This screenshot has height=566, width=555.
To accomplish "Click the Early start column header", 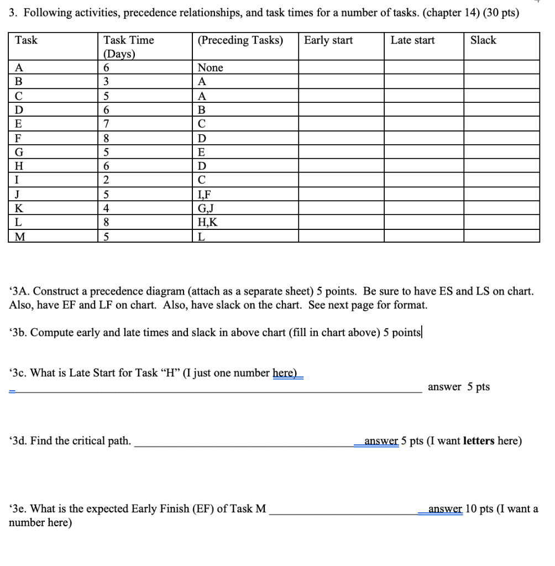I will coord(328,40).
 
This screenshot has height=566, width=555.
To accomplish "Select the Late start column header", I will coord(412,40).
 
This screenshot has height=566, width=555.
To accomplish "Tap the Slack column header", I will coord(483,40).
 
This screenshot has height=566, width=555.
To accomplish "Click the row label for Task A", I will coord(19,68).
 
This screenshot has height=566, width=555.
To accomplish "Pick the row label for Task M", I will coord(20,237).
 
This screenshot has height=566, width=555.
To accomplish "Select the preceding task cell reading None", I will coord(210,68).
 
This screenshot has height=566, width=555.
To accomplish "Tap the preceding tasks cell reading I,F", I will coord(204,195).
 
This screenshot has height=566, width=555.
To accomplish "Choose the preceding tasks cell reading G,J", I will coord(205,208).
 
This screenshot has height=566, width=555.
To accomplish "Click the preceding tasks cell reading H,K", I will coord(206,222).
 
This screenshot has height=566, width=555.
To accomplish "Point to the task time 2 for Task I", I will coord(107,180).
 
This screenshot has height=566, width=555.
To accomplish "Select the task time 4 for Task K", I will coord(107,208).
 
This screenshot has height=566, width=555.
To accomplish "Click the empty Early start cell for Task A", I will coord(341,68).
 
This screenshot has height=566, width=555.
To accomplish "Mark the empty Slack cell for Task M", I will coord(501,237).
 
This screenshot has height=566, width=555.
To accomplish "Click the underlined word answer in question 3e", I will coord(446,509).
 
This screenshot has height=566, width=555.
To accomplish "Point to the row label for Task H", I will coord(20,166).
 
